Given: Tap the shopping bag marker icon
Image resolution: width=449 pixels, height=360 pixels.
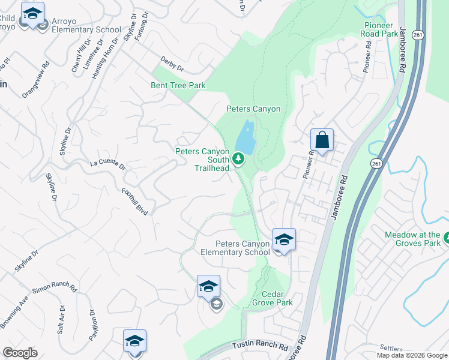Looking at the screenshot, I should [322, 140].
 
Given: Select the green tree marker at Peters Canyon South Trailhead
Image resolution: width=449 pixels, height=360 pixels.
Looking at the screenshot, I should [238, 158].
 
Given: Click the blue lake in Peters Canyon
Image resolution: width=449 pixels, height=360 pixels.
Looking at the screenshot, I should [246, 137].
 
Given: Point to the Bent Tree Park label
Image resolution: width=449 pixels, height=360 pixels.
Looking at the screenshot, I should [178, 85].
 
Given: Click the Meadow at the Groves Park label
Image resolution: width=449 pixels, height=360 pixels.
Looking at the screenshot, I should [414, 239].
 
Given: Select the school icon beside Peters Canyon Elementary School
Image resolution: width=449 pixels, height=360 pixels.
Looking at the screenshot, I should [283, 240].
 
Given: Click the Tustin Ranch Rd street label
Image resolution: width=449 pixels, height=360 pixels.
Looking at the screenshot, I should [261, 347].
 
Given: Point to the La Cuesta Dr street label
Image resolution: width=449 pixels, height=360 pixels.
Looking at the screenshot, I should [107, 163].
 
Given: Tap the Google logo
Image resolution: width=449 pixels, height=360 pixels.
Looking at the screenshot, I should [20, 353].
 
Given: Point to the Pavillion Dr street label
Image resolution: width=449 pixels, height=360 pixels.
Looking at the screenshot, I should [94, 325].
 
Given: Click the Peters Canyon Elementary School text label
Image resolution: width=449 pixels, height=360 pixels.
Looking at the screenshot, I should [243, 248].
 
